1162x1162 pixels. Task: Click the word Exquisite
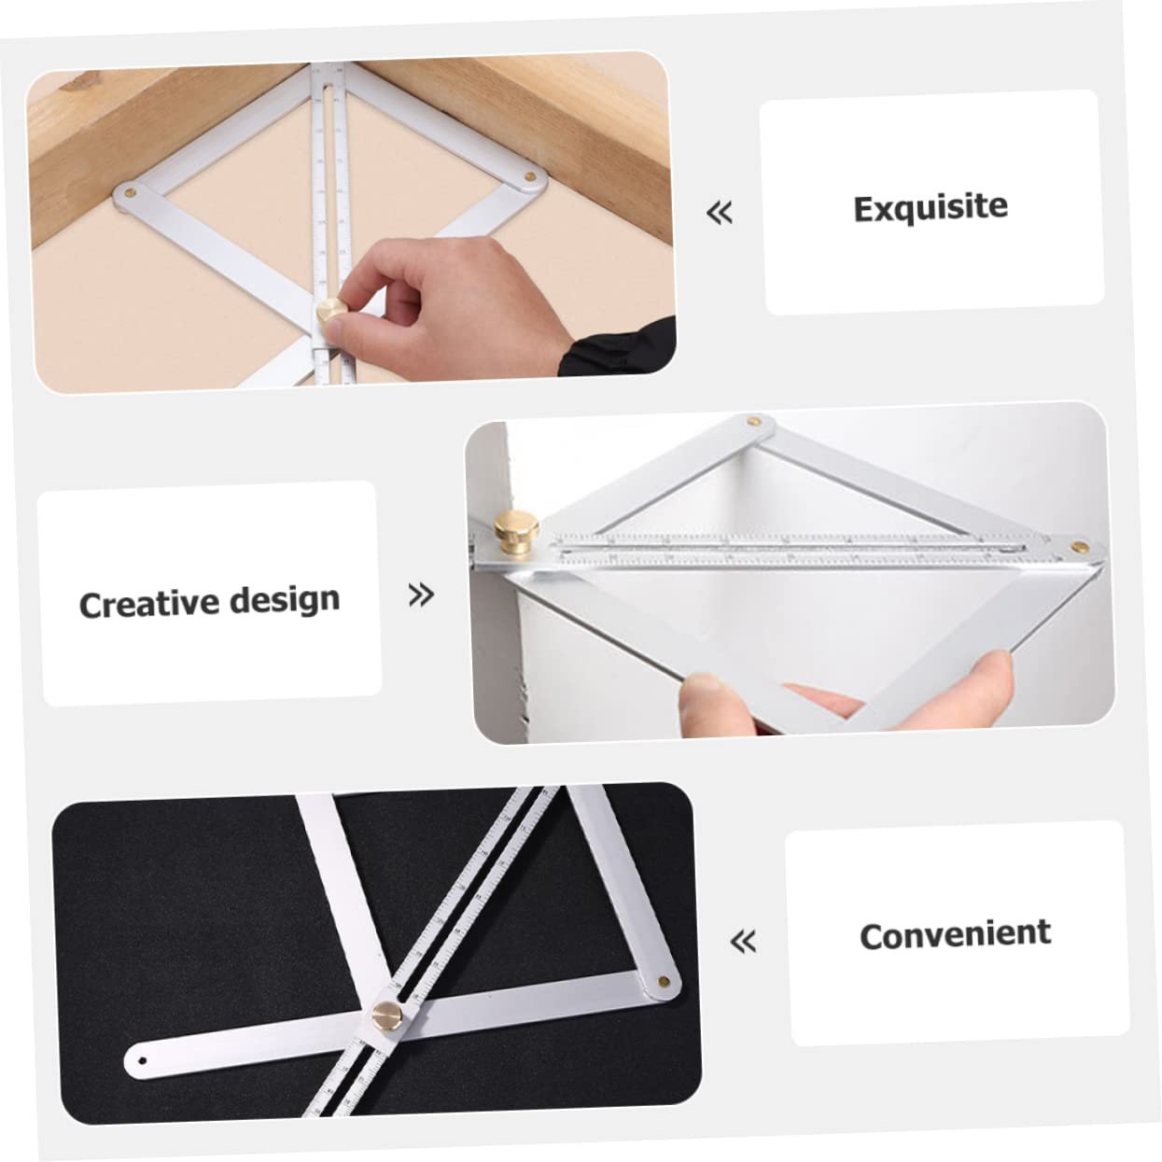tap(931, 207)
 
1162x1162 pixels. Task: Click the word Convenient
tap(955, 934)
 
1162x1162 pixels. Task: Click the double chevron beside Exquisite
tap(719, 214)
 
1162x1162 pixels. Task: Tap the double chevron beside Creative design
tap(422, 595)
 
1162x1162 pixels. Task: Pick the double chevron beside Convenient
tap(743, 941)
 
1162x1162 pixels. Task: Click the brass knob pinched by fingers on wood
tap(329, 310)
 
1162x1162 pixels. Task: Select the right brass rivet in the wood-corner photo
tap(531, 175)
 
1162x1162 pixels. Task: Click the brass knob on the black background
tap(385, 1014)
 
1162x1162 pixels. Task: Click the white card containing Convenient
tap(957, 933)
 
